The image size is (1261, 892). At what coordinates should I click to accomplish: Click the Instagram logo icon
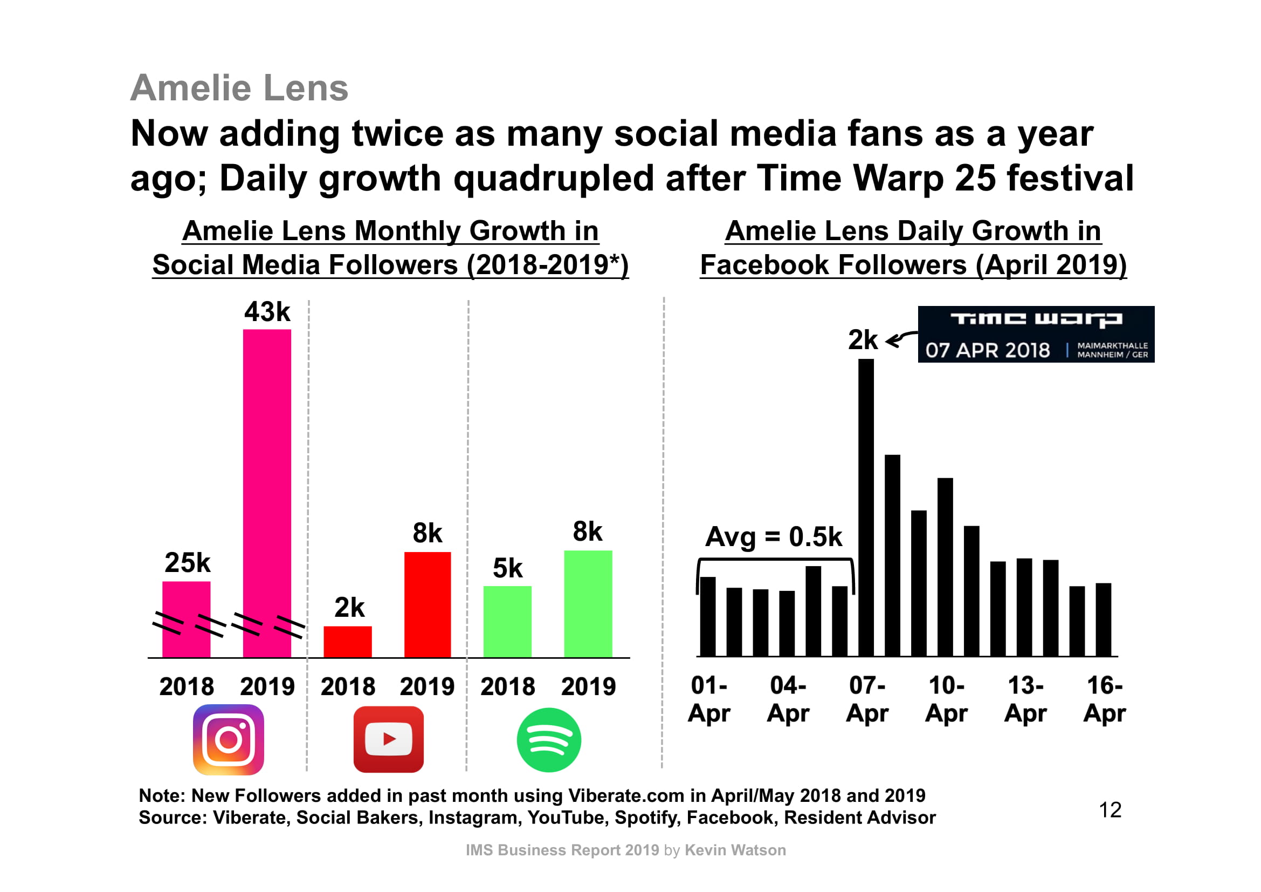tap(229, 739)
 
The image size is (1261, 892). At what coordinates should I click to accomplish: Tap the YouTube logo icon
tap(388, 739)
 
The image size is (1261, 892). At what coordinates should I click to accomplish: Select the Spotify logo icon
tap(549, 740)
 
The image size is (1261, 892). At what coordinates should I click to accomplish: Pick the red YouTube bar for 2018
tap(347, 642)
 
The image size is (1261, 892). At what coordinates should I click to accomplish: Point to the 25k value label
tap(187, 562)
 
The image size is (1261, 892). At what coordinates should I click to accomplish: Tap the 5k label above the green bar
tap(507, 568)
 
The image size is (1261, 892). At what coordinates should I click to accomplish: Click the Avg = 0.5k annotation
tap(773, 536)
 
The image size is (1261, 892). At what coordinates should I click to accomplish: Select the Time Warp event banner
tap(1036, 334)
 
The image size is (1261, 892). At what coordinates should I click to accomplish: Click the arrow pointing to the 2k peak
tap(901, 339)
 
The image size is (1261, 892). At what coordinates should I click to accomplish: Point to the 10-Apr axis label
tap(946, 699)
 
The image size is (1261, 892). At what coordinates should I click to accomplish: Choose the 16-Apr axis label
tap(1105, 699)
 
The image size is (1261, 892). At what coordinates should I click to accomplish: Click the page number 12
tap(1110, 809)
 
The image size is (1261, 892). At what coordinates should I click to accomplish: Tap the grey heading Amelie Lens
tap(239, 88)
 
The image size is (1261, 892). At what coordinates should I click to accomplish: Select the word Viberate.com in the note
tap(625, 795)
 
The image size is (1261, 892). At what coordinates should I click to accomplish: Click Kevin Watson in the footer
tap(735, 850)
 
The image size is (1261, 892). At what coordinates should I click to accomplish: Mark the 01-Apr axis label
tap(708, 699)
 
